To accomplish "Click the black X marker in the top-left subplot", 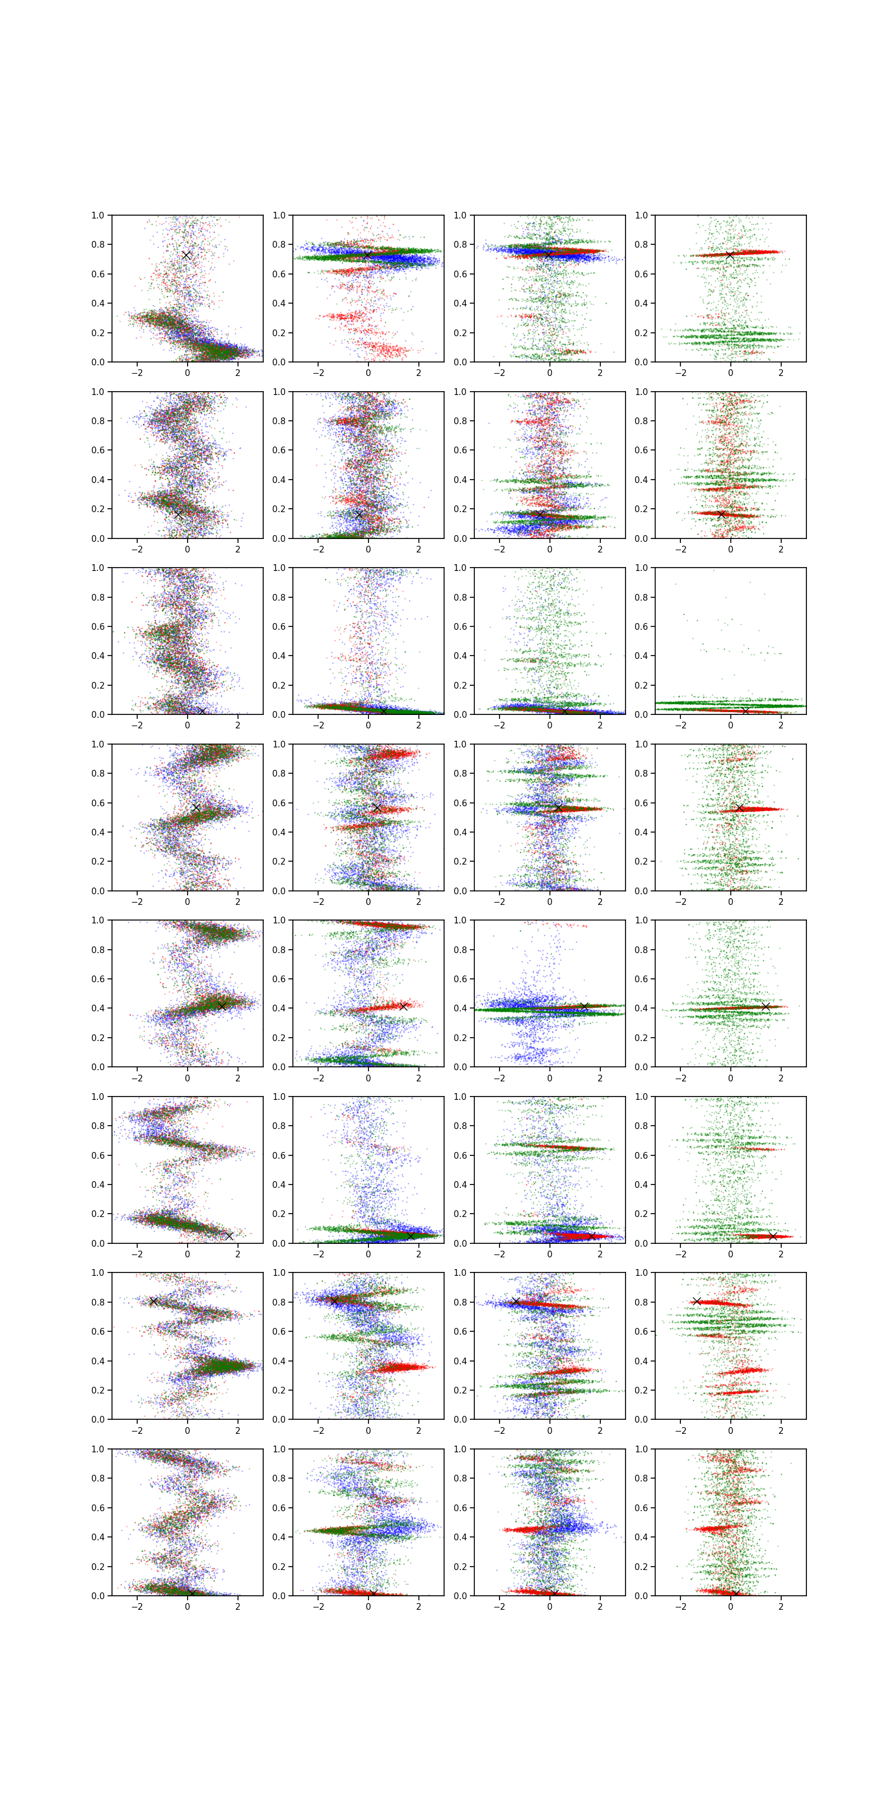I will coord(186,256).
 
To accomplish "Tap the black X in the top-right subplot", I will coord(729,256).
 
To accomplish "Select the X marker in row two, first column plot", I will coord(178,514).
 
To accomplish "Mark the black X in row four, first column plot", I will coord(196,807).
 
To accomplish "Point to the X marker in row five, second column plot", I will coord(403,1006).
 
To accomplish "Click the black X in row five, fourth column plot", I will coord(765,1006).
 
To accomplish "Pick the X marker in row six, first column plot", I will coord(229,1235).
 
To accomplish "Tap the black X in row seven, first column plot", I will coord(154,1301).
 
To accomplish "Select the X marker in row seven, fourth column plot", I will coord(696,1301).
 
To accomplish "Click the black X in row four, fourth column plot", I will coord(739,807).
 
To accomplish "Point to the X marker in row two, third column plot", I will coord(540,514).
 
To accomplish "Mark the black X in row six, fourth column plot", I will coord(772,1235).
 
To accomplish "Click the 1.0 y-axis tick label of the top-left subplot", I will coord(97,215).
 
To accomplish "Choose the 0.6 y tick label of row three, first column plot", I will coord(97,626).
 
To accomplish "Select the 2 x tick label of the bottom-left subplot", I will coord(238,1606).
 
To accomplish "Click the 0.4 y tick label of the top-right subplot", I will coord(641,304).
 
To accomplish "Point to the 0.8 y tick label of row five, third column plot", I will coord(460,949).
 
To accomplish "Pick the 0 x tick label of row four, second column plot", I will coord(368,902).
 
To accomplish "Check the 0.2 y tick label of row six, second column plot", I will coord(279,1214).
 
